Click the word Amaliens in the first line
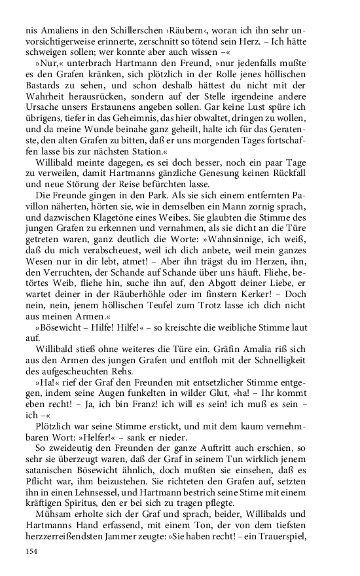tap(59, 31)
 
